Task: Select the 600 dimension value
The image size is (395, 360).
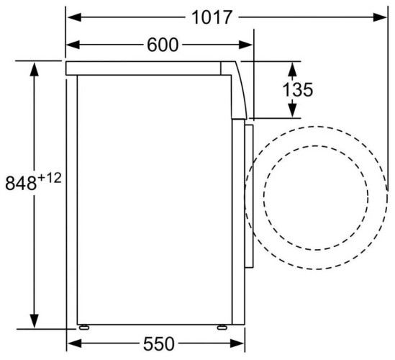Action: pos(163,45)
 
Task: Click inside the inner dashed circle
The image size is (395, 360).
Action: pos(316,195)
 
